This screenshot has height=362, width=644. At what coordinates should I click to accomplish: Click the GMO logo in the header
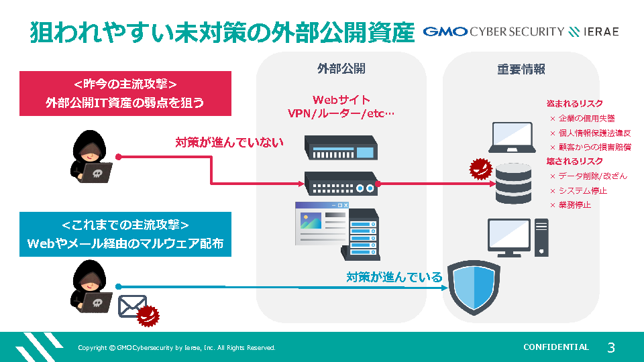click(x=445, y=32)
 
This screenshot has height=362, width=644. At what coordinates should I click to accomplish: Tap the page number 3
click(x=610, y=347)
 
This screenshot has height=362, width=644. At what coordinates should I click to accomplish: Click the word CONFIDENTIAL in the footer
click(x=555, y=347)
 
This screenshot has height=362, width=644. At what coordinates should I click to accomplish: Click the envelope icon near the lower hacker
click(x=132, y=306)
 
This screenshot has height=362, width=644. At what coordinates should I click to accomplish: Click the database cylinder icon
click(x=513, y=183)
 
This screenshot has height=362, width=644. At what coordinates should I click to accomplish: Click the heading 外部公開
click(x=341, y=69)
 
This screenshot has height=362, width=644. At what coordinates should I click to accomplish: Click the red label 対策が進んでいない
click(x=229, y=142)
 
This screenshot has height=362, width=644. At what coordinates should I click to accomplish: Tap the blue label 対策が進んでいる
click(x=394, y=277)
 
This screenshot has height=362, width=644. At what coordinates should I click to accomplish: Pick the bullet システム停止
click(x=582, y=191)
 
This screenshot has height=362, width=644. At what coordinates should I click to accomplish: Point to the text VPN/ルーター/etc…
click(x=341, y=113)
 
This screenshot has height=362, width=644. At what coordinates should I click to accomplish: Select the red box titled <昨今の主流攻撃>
click(x=125, y=93)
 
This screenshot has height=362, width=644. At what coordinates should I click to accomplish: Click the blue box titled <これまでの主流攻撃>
click(x=125, y=234)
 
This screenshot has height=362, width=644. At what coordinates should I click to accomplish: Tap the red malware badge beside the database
click(x=480, y=170)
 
